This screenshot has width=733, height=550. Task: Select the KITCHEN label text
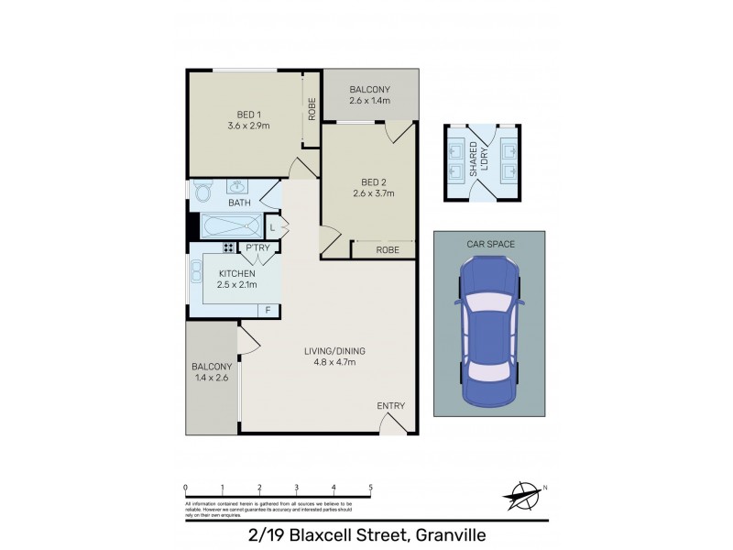tap(237, 272)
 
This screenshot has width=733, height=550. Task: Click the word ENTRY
tap(390, 406)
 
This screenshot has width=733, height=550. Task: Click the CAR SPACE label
tap(489, 244)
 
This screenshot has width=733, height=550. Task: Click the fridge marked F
tap(268, 310)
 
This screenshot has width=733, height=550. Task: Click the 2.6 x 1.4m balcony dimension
tap(370, 101)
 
